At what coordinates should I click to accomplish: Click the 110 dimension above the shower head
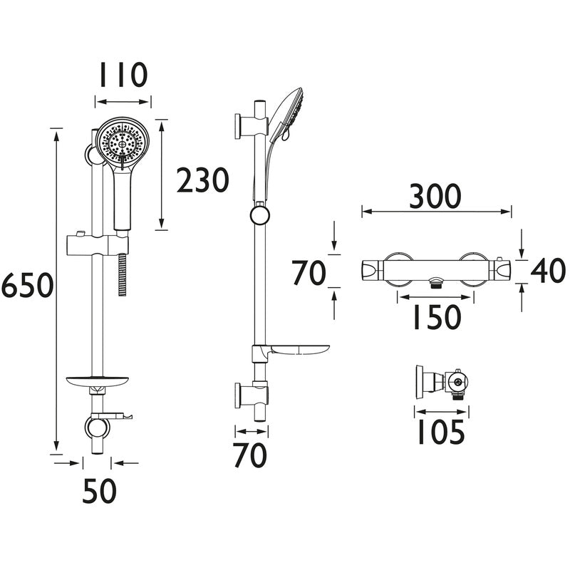point(123,76)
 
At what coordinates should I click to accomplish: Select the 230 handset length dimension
point(203,181)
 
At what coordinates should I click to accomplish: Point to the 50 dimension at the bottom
point(99,491)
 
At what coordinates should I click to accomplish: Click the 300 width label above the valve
point(435,197)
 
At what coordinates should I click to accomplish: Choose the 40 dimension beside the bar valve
point(548,271)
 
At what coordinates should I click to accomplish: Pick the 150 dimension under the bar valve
point(435,318)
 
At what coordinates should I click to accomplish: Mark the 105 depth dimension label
point(439,432)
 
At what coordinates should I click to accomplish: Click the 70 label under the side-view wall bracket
point(250,455)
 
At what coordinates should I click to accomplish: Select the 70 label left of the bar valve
point(309,272)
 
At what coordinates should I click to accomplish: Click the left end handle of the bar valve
point(372,271)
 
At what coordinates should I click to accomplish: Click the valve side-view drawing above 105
point(442,385)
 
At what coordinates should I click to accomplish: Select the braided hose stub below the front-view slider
point(123,269)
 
